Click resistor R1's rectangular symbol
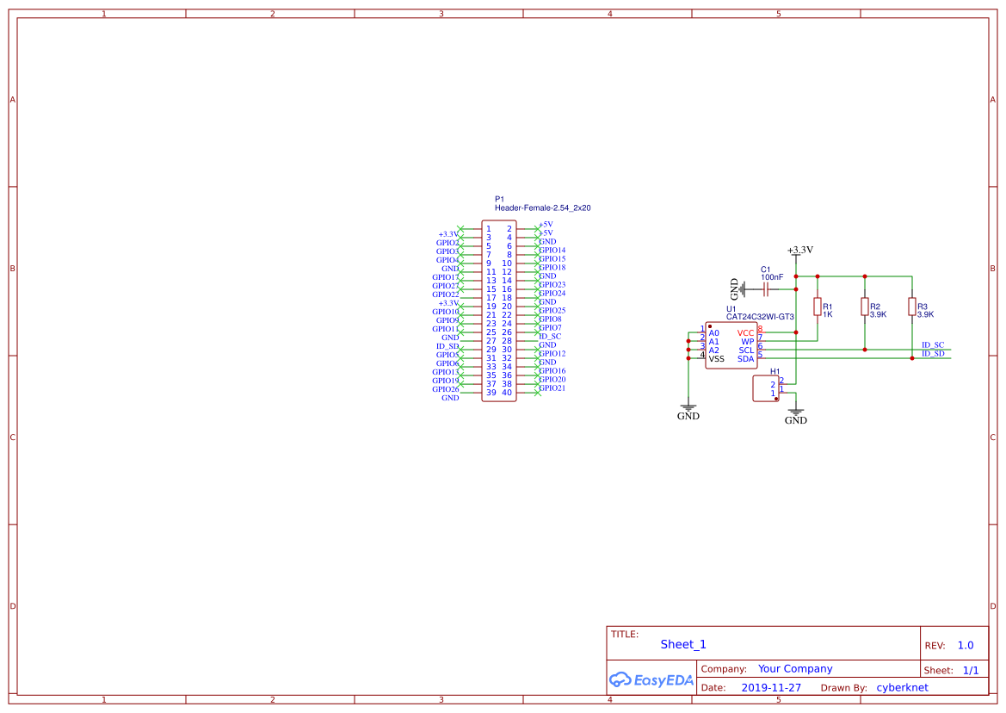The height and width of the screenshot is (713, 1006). click(817, 307)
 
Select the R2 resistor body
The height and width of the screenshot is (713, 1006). click(864, 307)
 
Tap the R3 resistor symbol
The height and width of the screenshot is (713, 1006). click(911, 307)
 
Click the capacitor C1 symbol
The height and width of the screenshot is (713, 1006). click(765, 289)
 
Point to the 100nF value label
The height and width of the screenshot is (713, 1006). click(772, 277)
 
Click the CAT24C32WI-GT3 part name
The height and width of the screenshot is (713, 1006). click(760, 317)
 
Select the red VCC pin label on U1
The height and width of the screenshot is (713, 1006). click(745, 333)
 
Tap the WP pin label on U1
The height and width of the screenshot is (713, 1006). click(747, 342)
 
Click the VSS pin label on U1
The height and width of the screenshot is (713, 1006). click(717, 359)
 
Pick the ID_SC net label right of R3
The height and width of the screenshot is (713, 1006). click(933, 344)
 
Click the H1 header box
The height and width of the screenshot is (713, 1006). click(765, 388)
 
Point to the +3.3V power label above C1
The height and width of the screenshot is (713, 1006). click(800, 250)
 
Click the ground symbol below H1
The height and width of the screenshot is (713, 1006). click(796, 412)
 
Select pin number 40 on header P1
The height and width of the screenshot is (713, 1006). click(508, 393)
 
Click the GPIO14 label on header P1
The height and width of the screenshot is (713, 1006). click(552, 251)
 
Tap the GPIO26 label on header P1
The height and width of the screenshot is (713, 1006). click(446, 389)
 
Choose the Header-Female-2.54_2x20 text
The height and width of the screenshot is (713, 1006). click(542, 208)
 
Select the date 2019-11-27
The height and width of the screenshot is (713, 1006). click(771, 688)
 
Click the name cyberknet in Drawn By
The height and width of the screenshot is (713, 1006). click(902, 688)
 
